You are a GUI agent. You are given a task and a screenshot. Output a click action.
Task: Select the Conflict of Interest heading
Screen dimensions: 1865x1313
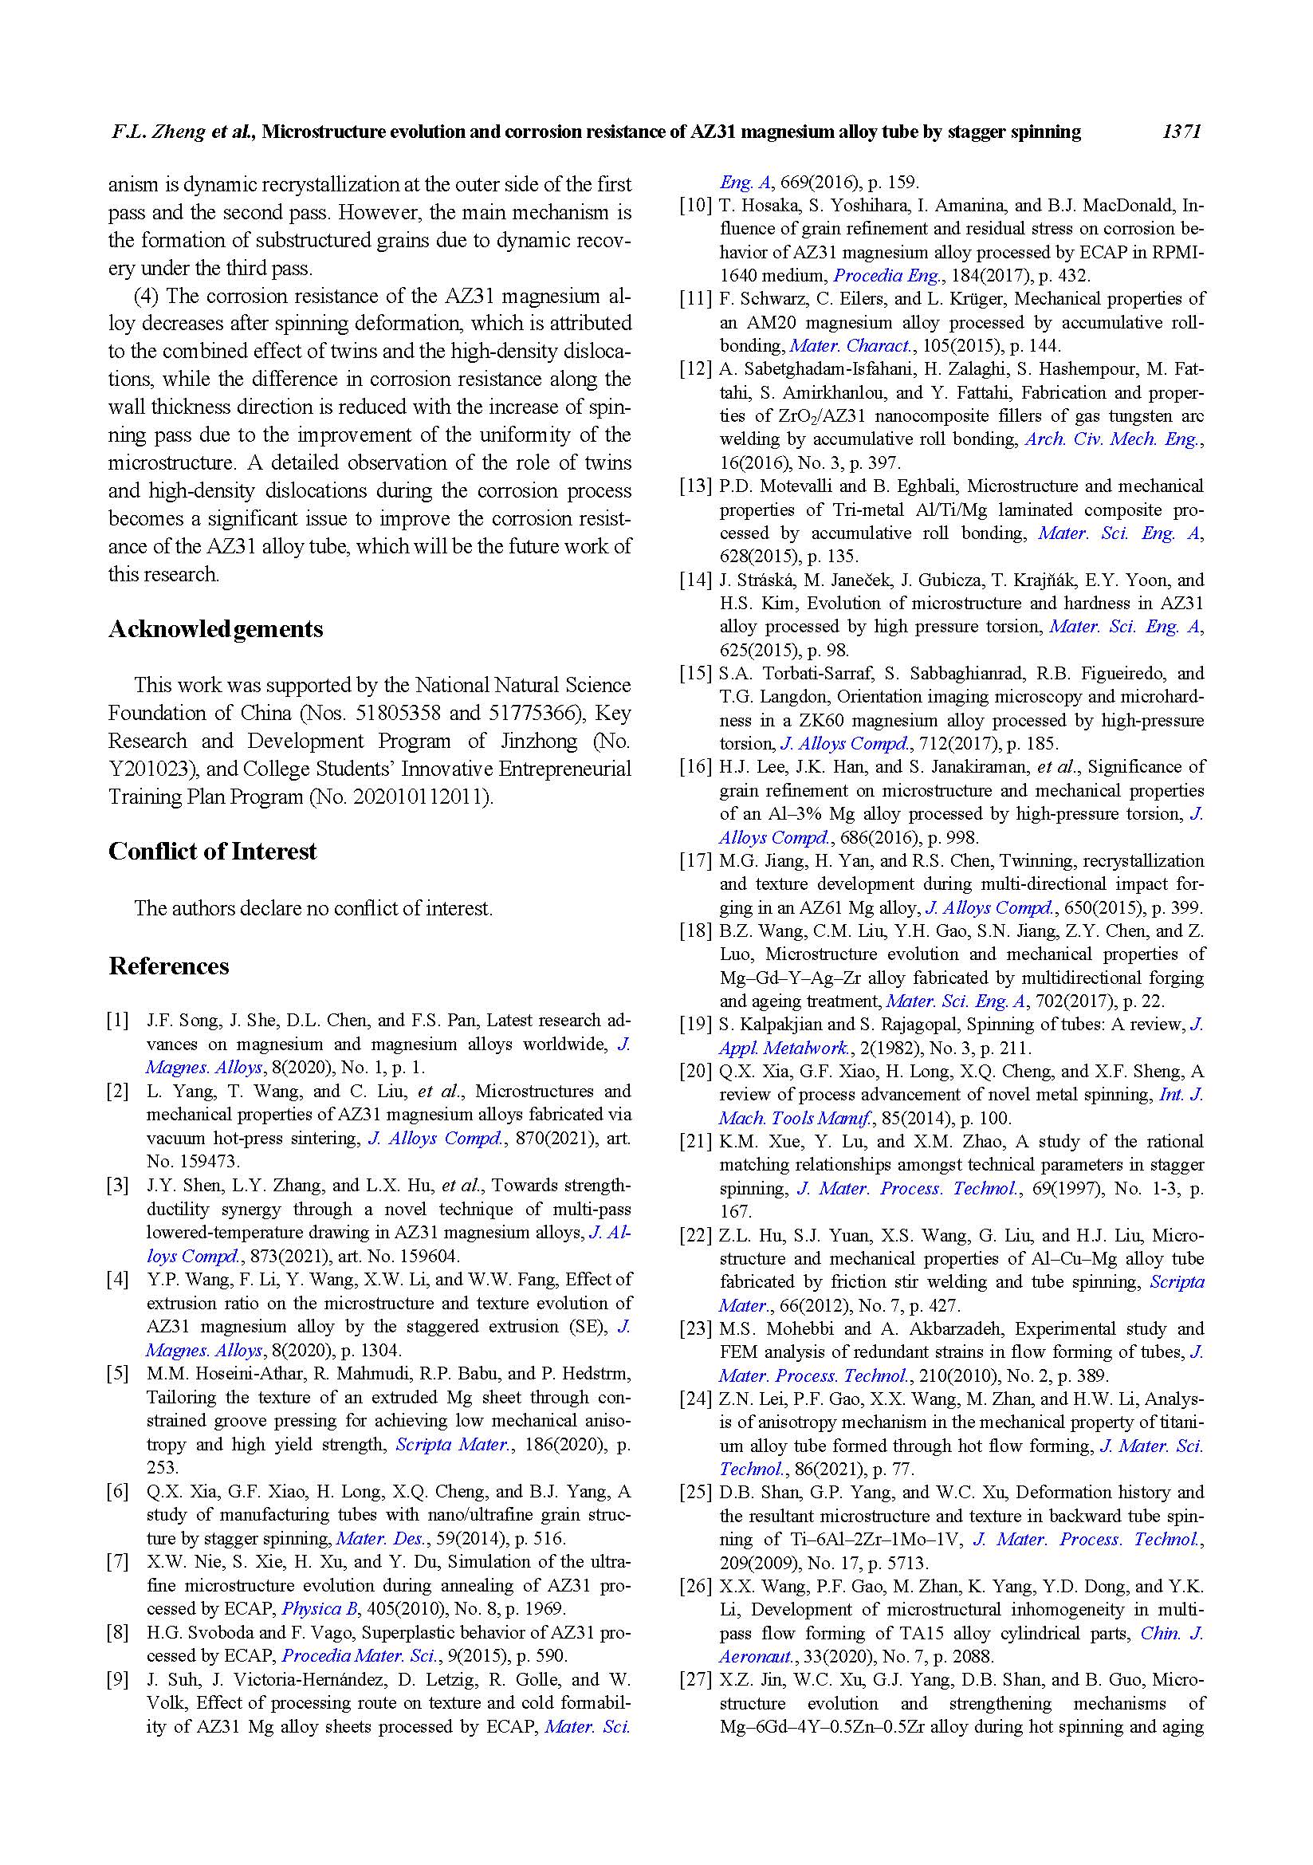213,852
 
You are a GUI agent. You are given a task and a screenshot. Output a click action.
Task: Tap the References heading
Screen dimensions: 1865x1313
169,966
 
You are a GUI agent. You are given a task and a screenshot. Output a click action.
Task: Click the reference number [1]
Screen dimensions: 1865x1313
118,1021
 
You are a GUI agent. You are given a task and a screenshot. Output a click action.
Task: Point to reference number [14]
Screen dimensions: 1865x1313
695,580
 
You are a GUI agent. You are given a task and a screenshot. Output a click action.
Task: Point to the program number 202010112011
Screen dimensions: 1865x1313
421,797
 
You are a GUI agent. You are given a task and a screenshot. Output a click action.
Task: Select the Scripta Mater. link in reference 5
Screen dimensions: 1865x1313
451,1444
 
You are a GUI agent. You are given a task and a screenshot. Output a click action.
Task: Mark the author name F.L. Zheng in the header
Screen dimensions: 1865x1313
159,132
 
